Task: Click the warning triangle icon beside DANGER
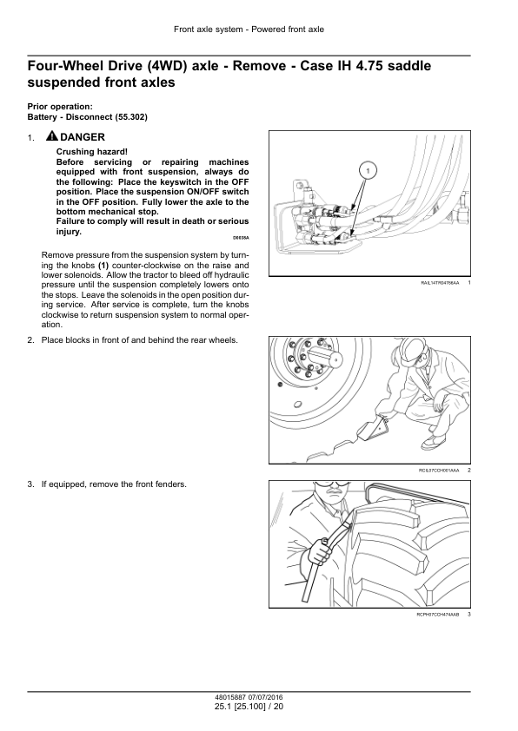(x=52, y=136)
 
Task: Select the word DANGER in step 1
(x=83, y=137)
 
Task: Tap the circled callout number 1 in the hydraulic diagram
(x=369, y=171)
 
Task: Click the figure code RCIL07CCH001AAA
(x=439, y=471)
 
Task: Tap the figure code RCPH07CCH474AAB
(x=438, y=615)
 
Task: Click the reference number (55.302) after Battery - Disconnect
(x=131, y=117)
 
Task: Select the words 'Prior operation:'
(x=60, y=107)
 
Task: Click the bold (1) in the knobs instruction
(x=103, y=266)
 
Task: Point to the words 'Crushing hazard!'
(x=92, y=152)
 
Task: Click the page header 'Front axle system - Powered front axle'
(x=249, y=30)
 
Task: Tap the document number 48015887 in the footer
(x=229, y=698)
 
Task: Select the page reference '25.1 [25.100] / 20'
(x=249, y=707)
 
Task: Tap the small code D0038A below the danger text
(x=241, y=238)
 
